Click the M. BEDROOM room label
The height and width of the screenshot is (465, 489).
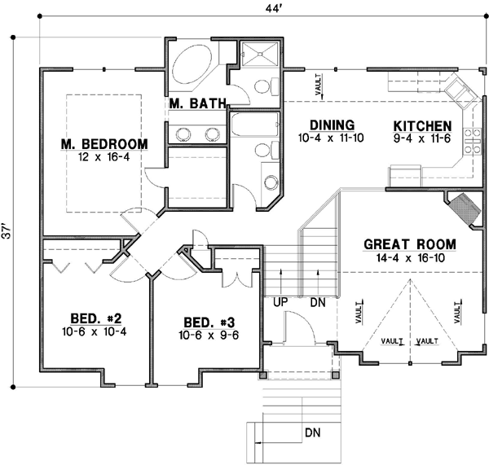pos(104,144)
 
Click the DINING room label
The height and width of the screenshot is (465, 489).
pos(332,125)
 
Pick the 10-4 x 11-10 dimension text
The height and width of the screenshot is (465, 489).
pos(332,138)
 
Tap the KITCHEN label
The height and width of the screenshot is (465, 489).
pos(422,126)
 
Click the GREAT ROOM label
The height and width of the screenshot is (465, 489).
pos(409,244)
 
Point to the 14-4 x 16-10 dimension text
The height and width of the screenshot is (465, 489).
pos(409,257)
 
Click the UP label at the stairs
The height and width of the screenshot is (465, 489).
pos(281,302)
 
